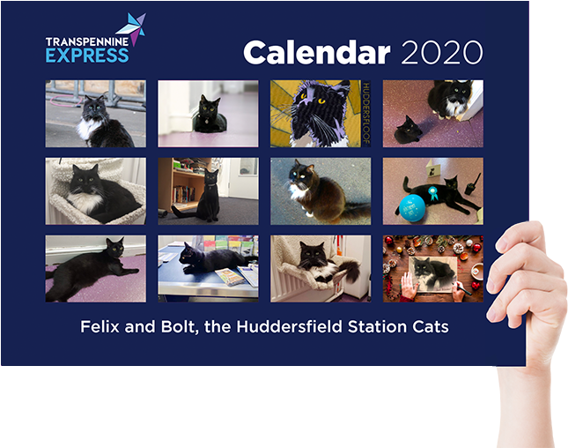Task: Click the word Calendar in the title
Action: point(317,52)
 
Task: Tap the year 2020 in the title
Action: point(441,53)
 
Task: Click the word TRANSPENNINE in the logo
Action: point(87,41)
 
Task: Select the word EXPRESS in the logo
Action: point(87,56)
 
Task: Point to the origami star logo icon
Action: point(133,27)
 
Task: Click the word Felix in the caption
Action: point(100,326)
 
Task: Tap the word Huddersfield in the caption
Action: point(289,326)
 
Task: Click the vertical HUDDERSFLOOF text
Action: point(365,114)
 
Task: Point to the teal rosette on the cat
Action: point(432,192)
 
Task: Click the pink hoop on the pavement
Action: point(65,100)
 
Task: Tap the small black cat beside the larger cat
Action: point(409,130)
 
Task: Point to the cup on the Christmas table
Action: point(476,270)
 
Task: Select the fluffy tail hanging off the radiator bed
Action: point(350,270)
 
